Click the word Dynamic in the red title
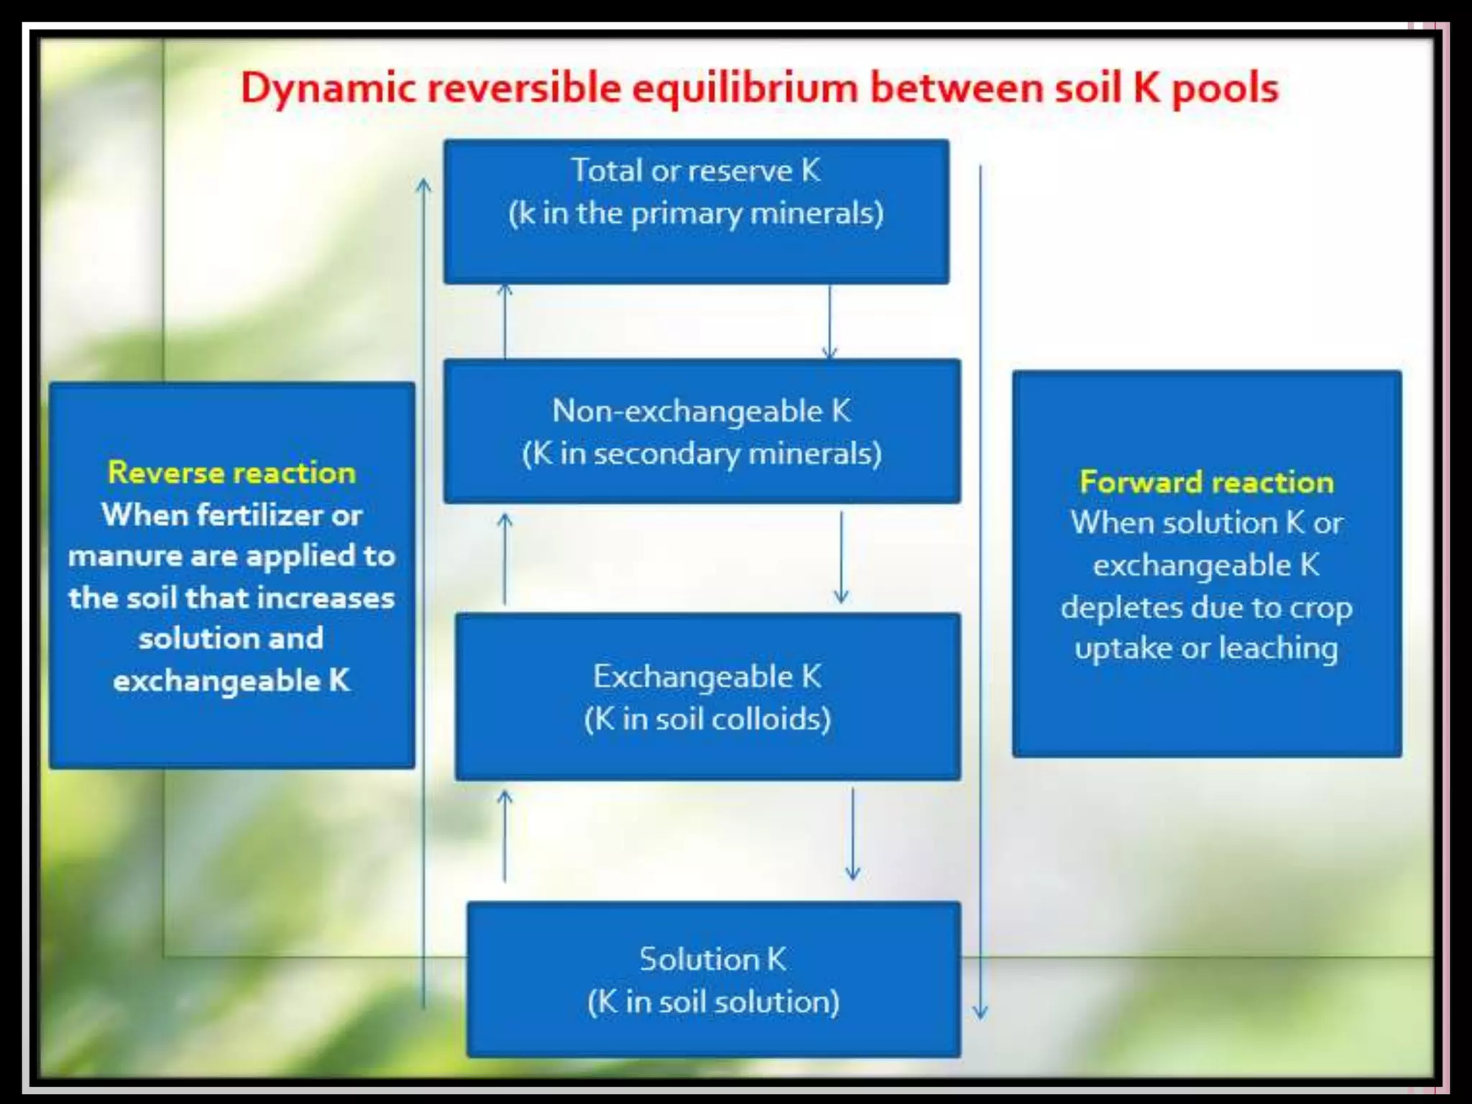[328, 89]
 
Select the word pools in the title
[1225, 89]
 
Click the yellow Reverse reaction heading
[231, 472]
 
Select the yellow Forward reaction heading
[1207, 482]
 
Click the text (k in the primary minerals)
[696, 213]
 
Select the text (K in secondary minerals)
[701, 454]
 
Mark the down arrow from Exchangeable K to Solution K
[852, 834]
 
